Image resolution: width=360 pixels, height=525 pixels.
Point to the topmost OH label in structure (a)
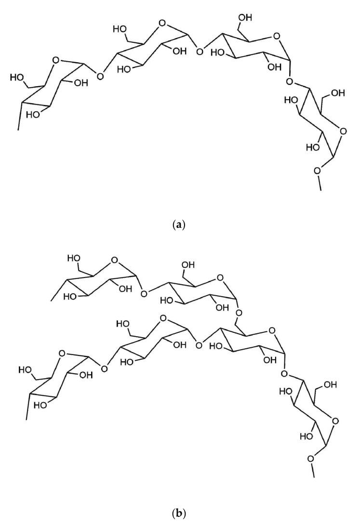pyautogui.click(x=244, y=18)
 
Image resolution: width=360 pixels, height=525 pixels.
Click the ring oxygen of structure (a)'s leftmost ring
pyautogui.click(x=56, y=61)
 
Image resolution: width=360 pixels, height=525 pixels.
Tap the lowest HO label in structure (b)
pyautogui.click(x=293, y=437)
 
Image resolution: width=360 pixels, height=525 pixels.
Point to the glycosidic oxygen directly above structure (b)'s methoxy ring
pyautogui.click(x=285, y=373)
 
